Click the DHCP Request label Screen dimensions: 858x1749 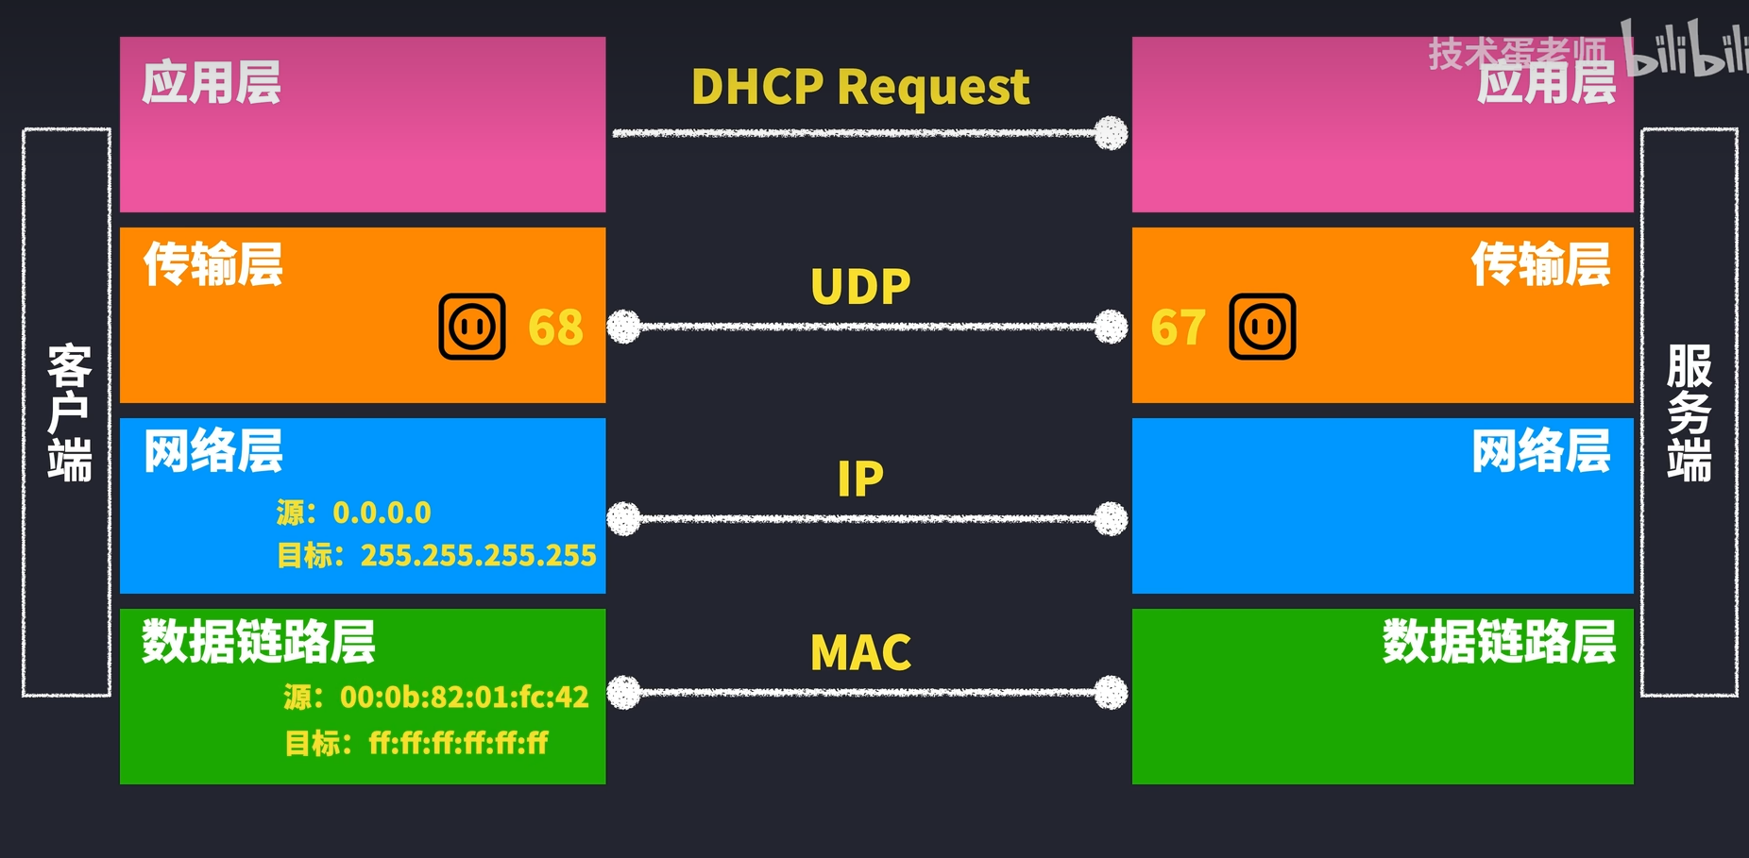(859, 87)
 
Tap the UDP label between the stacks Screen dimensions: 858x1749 (860, 286)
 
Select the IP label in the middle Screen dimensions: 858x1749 (860, 479)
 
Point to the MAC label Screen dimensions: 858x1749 (860, 652)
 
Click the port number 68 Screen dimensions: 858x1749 (555, 328)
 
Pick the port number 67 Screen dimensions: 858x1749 (1178, 328)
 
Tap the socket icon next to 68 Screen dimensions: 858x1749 (472, 327)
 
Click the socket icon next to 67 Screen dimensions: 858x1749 (1263, 327)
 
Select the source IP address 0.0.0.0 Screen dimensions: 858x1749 (382, 513)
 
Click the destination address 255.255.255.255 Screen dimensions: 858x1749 (478, 555)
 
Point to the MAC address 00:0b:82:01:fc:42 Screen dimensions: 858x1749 (464, 697)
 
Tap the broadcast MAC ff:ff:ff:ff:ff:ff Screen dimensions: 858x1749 (458, 743)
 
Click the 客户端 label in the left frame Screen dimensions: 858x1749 (69, 412)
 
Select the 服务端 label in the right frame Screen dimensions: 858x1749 (1689, 412)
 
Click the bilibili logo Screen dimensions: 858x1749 (1686, 49)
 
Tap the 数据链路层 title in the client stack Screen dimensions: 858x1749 (259, 642)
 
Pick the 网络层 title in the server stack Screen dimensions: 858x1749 (1541, 451)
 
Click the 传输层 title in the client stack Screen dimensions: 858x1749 (213, 264)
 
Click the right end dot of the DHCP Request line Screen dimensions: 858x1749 (1111, 133)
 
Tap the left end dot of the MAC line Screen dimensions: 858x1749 (623, 692)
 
